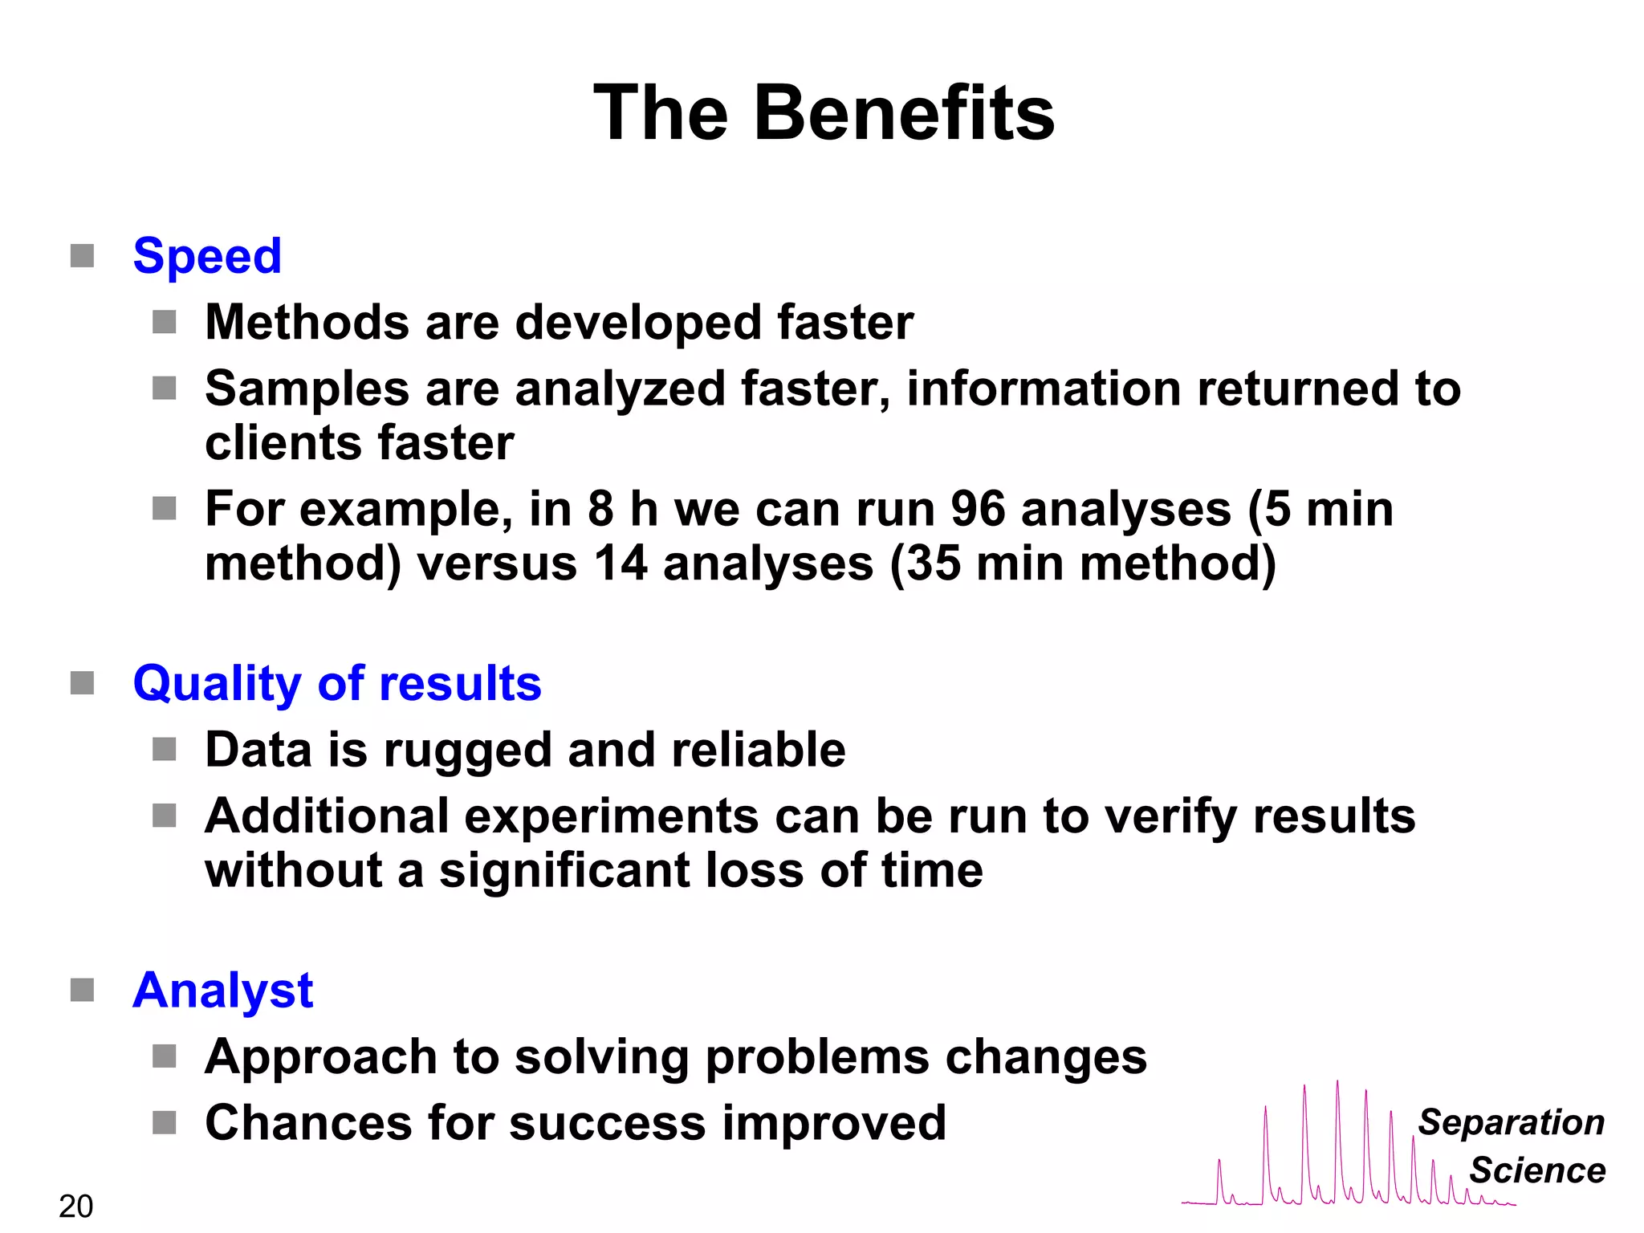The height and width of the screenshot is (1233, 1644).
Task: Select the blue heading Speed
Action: pos(207,256)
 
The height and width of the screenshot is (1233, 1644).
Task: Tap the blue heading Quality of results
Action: pos(337,684)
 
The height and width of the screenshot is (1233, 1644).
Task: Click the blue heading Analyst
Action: pos(222,991)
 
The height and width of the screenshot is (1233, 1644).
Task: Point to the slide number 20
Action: pos(75,1207)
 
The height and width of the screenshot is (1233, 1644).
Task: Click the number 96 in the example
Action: pos(978,509)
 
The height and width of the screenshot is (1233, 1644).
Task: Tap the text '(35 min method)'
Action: pos(1083,564)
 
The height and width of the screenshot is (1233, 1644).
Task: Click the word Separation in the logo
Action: pos(1511,1122)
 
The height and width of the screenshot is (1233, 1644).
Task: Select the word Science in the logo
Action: pos(1537,1170)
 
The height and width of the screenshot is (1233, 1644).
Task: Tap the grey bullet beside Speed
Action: pos(83,256)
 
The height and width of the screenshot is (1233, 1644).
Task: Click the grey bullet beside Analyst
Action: pos(83,991)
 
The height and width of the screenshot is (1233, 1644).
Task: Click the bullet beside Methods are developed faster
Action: pos(165,323)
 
